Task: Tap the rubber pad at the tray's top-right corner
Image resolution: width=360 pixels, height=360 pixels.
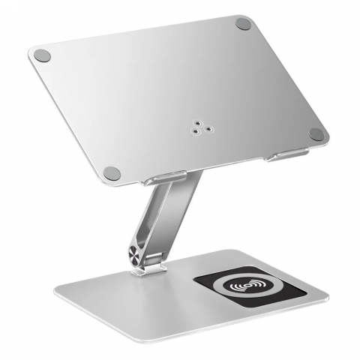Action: tap(243, 23)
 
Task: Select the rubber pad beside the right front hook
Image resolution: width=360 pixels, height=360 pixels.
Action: tap(316, 134)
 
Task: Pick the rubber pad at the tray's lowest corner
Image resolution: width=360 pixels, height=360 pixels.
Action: tap(112, 172)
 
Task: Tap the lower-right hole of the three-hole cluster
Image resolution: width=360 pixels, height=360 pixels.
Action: tap(200, 128)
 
